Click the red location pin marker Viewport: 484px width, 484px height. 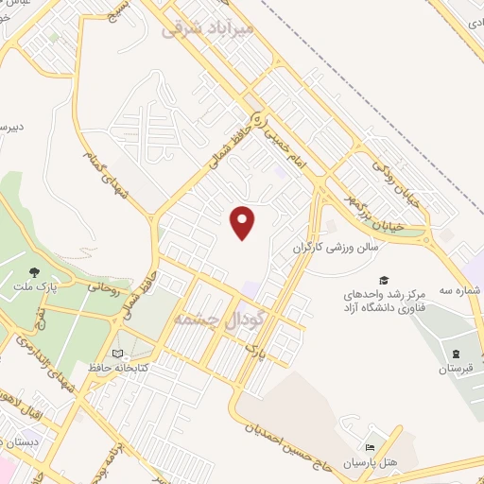[x=244, y=221]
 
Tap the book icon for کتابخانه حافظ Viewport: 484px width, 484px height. [x=116, y=354]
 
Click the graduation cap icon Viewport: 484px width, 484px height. [x=384, y=280]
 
